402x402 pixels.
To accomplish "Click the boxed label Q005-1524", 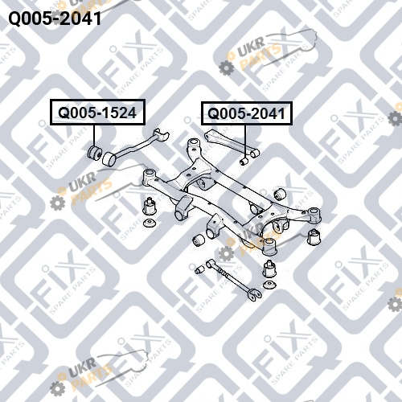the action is tap(97, 113).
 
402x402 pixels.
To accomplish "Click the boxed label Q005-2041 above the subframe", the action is tap(247, 113).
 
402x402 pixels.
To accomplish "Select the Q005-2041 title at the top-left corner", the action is tap(55, 18).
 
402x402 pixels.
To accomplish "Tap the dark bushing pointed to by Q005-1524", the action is tap(95, 152).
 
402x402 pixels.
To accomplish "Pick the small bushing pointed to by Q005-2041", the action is tap(244, 162).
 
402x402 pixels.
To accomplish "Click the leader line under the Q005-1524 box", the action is tap(94, 135).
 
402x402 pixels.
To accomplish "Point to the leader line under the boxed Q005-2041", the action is tap(245, 142).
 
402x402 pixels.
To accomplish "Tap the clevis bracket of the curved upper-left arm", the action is tap(161, 134).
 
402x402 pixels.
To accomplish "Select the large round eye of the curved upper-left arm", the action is tap(109, 159).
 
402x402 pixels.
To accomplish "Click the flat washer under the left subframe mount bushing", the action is tap(150, 223).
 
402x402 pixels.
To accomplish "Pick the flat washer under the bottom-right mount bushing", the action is tap(270, 285).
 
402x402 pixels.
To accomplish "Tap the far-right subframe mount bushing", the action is tap(314, 237).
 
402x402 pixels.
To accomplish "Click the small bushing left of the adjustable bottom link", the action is tap(199, 270).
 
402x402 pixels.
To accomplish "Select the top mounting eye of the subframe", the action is tap(194, 145).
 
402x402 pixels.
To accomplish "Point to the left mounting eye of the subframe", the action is tap(149, 176).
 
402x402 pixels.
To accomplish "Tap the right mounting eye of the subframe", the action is tap(314, 215).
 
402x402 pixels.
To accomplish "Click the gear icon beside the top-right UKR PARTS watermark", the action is tap(227, 68).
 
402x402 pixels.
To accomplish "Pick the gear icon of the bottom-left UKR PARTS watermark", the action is tap(57, 388).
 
